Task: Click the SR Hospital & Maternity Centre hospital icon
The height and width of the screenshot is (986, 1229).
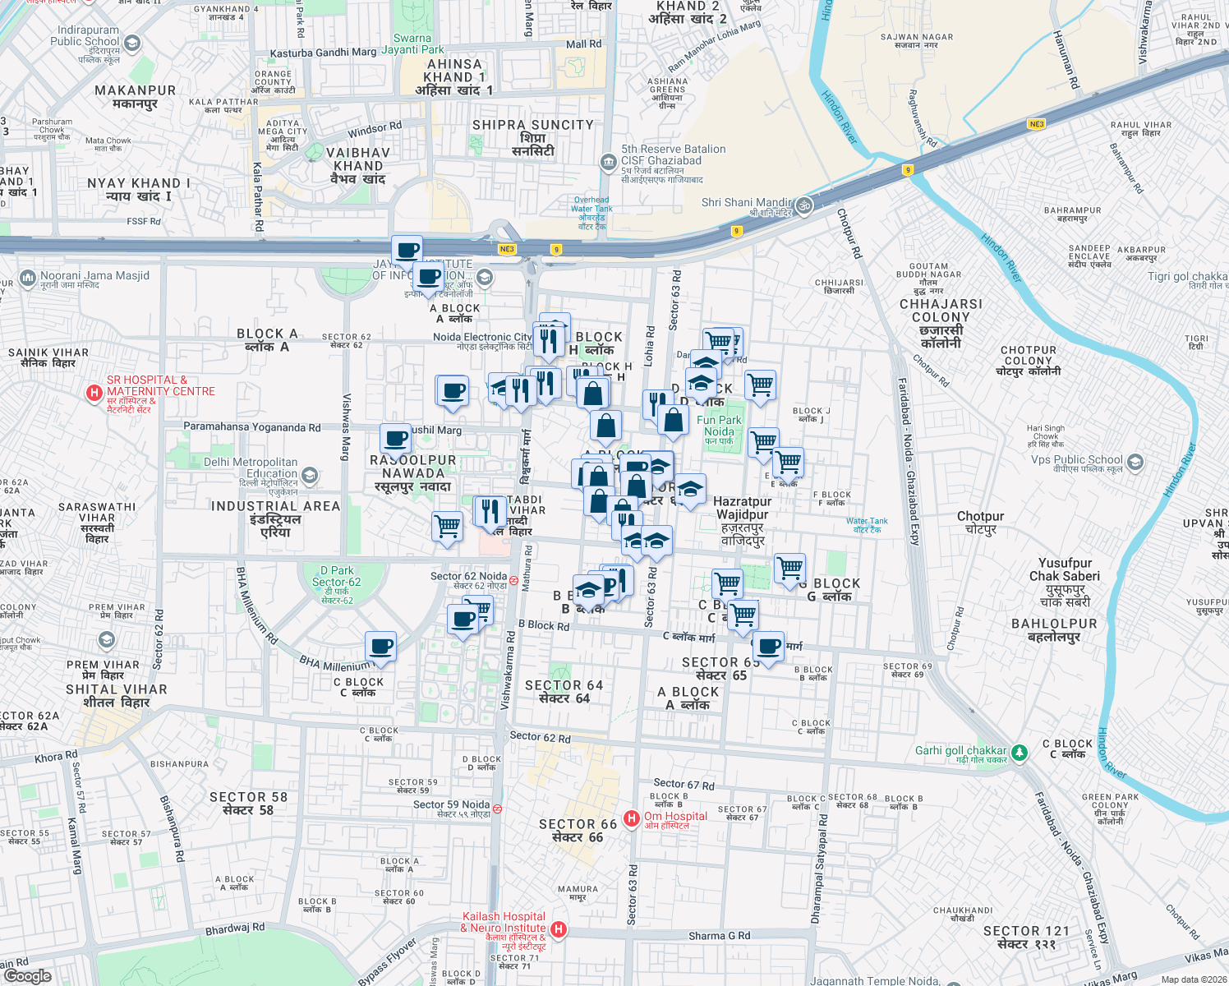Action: (x=94, y=393)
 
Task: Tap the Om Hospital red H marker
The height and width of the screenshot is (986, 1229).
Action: (x=631, y=818)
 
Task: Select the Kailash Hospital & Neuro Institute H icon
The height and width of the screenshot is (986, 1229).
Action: (x=559, y=929)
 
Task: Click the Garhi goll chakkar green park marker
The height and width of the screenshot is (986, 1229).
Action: (x=1020, y=752)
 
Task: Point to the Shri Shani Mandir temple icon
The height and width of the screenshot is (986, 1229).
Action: (x=804, y=205)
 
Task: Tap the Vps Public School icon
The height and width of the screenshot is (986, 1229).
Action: (x=1135, y=462)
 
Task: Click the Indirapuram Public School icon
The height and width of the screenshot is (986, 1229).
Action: (x=132, y=43)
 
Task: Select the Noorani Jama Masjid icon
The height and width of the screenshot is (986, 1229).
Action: (x=27, y=279)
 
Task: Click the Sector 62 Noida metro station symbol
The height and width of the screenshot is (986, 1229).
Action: (x=513, y=580)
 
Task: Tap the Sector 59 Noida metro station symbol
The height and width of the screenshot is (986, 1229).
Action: (x=496, y=809)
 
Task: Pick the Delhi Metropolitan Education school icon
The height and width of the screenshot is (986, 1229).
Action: (x=310, y=475)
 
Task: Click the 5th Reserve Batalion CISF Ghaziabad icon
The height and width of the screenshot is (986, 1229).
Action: (x=608, y=162)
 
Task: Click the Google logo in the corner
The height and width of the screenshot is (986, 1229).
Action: (x=28, y=975)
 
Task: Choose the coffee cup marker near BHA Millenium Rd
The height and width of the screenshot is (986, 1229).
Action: (x=380, y=647)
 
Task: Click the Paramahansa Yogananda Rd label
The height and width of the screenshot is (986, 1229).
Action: (x=251, y=427)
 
